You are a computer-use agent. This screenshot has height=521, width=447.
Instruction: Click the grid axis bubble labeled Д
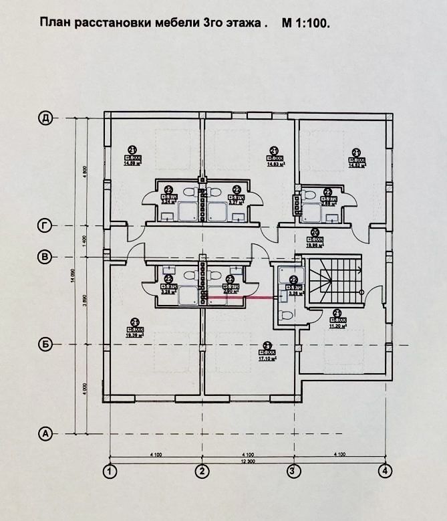click(45, 118)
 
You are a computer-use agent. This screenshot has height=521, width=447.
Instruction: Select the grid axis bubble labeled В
click(45, 256)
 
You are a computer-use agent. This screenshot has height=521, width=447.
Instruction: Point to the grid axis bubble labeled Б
click(45, 344)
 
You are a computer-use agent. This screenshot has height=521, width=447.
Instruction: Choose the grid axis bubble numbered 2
click(201, 471)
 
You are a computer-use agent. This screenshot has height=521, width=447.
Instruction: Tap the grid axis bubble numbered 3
click(293, 471)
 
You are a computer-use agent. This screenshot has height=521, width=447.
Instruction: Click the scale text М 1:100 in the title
click(306, 23)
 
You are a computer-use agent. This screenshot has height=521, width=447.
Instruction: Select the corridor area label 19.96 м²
click(315, 244)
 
